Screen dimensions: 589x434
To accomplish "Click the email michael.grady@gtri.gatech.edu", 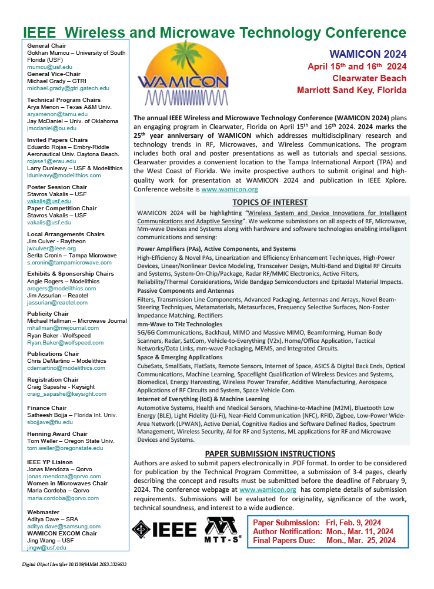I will coord(68,88).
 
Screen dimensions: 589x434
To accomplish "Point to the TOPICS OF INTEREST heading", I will coord(270,202).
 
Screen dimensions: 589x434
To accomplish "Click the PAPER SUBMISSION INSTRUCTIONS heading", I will coord(270,454).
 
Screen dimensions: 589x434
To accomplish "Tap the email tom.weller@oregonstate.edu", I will coord(65,448).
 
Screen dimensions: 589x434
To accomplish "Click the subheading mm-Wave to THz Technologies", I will coord(179,325).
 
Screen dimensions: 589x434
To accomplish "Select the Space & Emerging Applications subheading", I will coord(179,357).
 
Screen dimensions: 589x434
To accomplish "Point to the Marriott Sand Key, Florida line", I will coord(352,90).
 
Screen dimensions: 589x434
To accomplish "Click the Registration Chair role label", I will coord(53,380).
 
